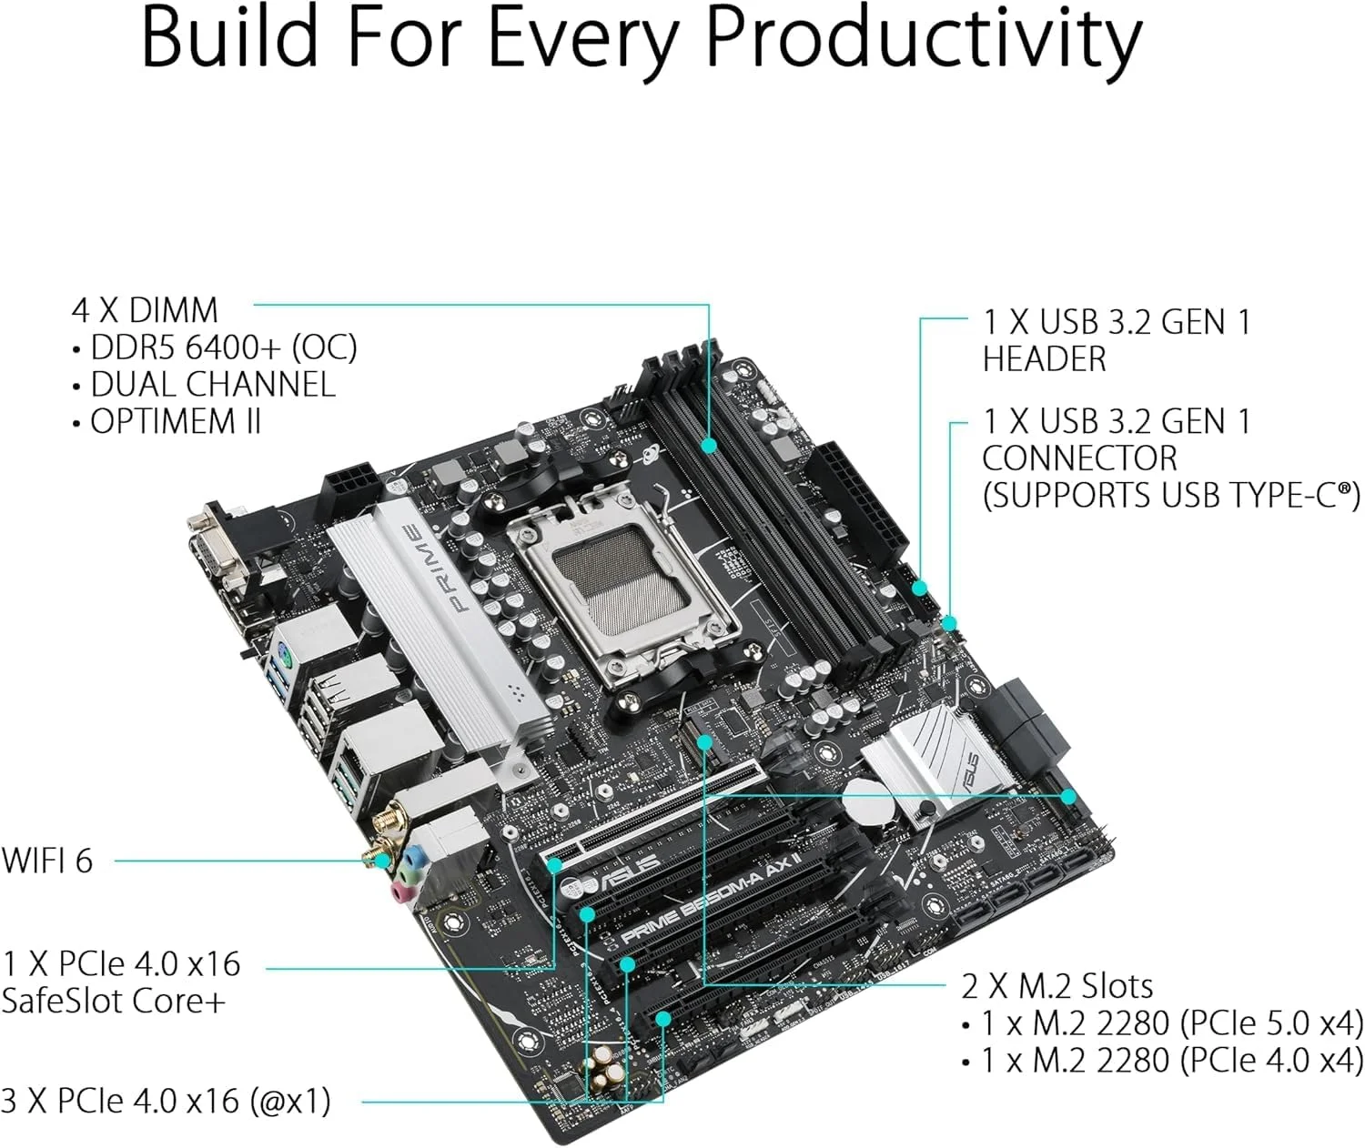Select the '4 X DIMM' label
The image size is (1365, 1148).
pos(145,310)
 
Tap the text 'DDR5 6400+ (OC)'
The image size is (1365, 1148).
pos(223,347)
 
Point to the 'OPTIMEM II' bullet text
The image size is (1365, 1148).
pos(175,422)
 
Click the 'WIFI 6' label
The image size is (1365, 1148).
pos(47,861)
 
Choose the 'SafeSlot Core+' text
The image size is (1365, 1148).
pos(113,1001)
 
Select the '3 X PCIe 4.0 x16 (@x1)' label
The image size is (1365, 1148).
pos(166,1102)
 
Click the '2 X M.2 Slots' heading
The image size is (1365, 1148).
pos(1057,986)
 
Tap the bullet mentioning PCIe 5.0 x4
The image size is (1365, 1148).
pos(1172,1023)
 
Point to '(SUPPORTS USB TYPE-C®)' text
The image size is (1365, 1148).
pos(1170,496)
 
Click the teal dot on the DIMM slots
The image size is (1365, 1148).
pos(710,445)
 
